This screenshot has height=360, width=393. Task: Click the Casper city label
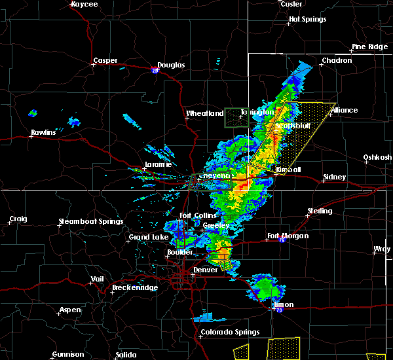coord(105,61)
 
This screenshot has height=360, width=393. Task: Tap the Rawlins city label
coord(44,133)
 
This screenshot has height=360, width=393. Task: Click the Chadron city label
coord(337,61)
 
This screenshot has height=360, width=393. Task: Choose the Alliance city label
coord(345,110)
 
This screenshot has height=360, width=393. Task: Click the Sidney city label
coord(335,177)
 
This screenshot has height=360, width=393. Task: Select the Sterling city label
coord(320,211)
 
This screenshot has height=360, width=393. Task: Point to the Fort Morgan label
coord(289,236)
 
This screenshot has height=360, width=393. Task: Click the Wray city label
coord(381,249)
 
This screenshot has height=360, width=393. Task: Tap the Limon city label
coord(283,305)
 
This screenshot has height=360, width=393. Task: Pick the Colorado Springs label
coord(225,332)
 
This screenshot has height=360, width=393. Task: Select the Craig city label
coord(18,219)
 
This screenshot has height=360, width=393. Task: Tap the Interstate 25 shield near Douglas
coord(155,70)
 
